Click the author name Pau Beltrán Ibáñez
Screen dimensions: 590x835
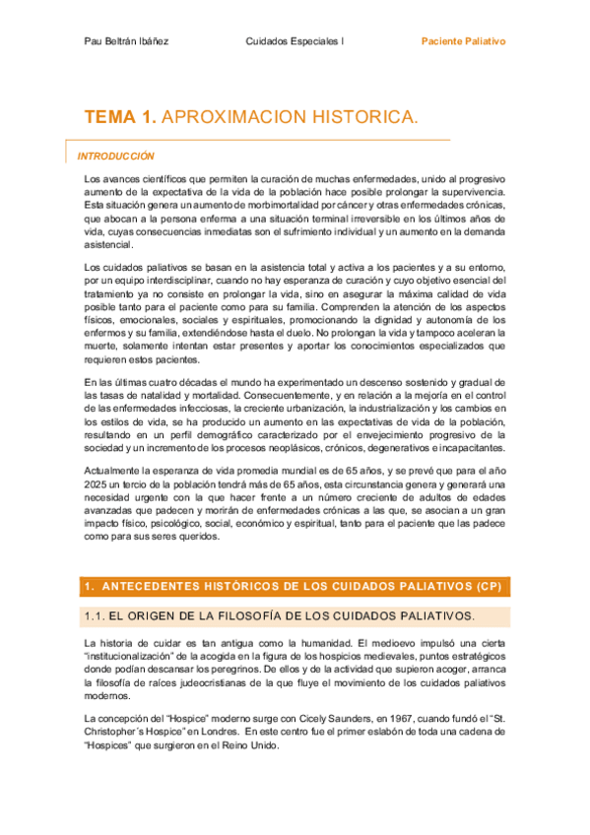[126, 42]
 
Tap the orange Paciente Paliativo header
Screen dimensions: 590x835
[463, 42]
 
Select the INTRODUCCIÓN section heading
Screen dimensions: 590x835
[116, 156]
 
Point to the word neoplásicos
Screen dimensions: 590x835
[295, 433]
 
